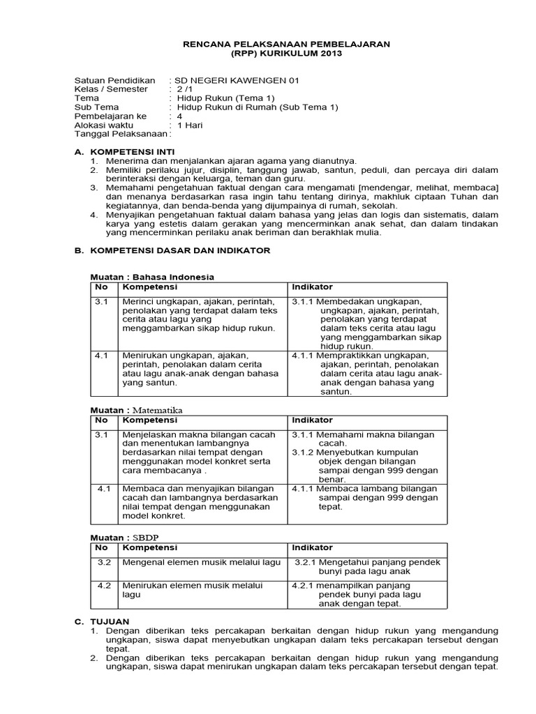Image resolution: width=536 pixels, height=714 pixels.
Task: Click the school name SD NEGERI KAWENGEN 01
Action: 236,80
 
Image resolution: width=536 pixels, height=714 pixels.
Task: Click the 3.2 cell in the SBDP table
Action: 104,562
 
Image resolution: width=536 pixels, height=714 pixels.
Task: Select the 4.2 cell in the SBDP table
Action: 104,585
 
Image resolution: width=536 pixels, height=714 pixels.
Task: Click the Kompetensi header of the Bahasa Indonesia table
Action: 150,287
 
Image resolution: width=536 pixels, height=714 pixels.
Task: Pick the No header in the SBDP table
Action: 101,548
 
